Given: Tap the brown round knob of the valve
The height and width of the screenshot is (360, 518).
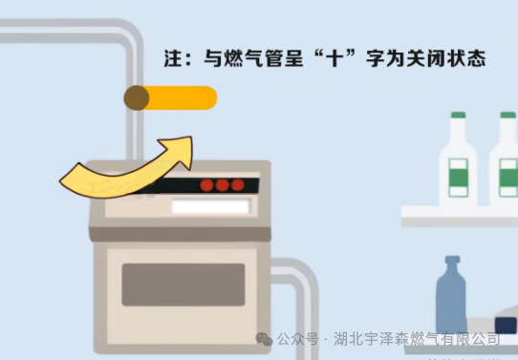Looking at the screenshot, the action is pyautogui.click(x=137, y=97).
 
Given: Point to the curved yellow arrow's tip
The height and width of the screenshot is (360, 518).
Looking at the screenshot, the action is pyautogui.click(x=191, y=138).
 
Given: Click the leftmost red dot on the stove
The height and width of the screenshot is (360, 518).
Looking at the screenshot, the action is pyautogui.click(x=206, y=185).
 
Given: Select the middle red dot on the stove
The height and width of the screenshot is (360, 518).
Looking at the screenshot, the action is pyautogui.click(x=223, y=185).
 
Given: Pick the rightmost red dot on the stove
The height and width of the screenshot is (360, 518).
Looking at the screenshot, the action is pyautogui.click(x=238, y=185).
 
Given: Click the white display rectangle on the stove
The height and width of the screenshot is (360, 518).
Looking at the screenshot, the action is pyautogui.click(x=211, y=206).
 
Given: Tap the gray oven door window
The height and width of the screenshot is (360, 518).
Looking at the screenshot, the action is pyautogui.click(x=183, y=285).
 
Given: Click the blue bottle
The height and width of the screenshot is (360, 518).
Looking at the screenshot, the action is pyautogui.click(x=451, y=294).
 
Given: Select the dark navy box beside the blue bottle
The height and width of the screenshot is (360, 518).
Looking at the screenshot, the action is pyautogui.click(x=506, y=326).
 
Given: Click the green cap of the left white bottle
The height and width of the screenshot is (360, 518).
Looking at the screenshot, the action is pyautogui.click(x=458, y=116).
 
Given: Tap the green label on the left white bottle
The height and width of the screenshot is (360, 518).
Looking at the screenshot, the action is pyautogui.click(x=458, y=178).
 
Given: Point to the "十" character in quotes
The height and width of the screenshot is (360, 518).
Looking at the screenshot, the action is pyautogui.click(x=335, y=59).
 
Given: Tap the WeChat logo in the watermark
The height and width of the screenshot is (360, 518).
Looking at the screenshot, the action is pyautogui.click(x=265, y=339).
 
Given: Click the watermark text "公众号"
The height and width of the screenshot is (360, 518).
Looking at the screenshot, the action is pyautogui.click(x=297, y=339).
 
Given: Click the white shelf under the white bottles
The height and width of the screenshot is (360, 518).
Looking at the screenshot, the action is pyautogui.click(x=460, y=216).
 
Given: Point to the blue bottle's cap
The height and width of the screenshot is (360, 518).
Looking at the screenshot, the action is pyautogui.click(x=452, y=260).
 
